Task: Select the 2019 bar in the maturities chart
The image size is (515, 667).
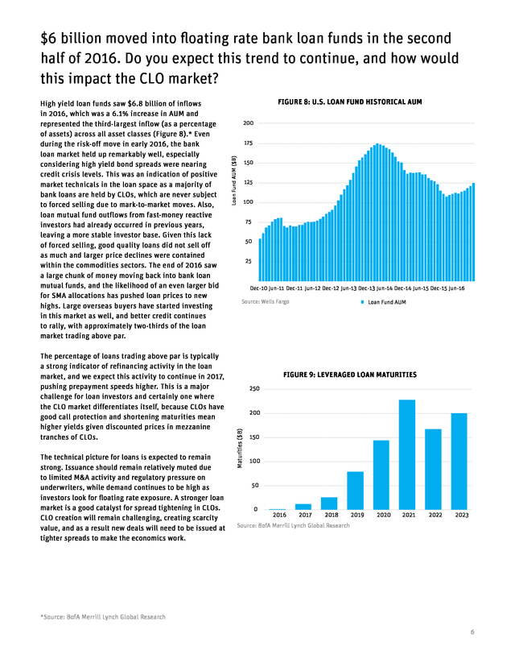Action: coord(355,490)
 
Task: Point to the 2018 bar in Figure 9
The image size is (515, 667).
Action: coord(329,503)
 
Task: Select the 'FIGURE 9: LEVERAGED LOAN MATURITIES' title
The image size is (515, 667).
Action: coord(350,375)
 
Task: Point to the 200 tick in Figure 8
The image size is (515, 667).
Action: coord(249,123)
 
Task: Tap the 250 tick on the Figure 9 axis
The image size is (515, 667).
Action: coord(254,389)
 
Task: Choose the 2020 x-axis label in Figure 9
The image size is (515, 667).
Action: coord(383,515)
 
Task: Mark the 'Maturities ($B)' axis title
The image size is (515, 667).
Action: coord(239,449)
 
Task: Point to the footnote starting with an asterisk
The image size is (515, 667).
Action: coord(102,617)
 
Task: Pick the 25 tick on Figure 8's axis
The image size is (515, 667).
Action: coord(250,261)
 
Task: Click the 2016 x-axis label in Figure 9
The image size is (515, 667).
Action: coord(279,515)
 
